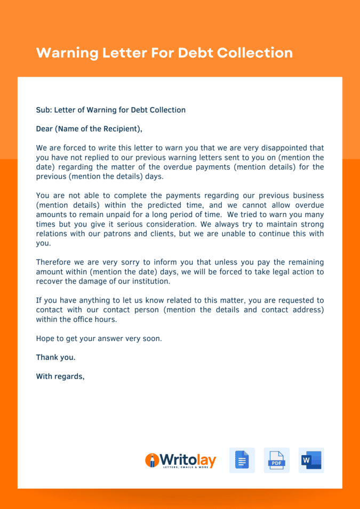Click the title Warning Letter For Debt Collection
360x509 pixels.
pyautogui.click(x=164, y=53)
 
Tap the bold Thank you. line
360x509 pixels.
pyautogui.click(x=55, y=358)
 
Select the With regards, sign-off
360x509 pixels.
pyautogui.click(x=60, y=376)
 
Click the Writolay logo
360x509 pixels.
pyautogui.click(x=180, y=460)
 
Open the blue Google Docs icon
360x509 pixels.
pyautogui.click(x=242, y=460)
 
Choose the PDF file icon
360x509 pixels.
pyautogui.click(x=276, y=460)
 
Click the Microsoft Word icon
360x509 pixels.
pyautogui.click(x=311, y=460)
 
